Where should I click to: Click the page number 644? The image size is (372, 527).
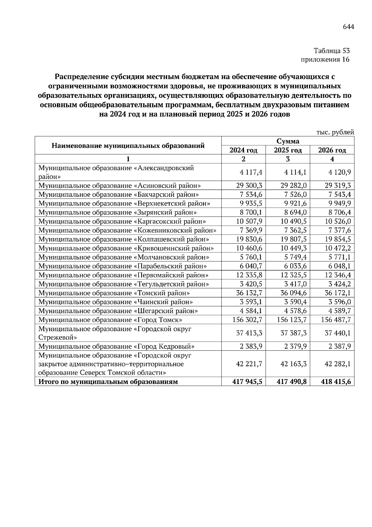point(348,27)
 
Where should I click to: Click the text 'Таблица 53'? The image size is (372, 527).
point(331,51)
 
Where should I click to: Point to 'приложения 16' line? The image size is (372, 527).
point(325,59)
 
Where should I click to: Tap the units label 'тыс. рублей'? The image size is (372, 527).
point(335,132)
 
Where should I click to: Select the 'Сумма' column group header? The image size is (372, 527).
point(288,141)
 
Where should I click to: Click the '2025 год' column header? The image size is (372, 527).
point(288,150)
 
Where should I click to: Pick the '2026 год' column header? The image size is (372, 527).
point(332,150)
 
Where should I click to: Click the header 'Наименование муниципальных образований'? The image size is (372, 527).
point(128,146)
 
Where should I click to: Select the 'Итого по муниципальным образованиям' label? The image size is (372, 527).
point(108,382)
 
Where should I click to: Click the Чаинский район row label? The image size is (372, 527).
point(116,302)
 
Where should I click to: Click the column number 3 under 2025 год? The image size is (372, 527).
point(288,159)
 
